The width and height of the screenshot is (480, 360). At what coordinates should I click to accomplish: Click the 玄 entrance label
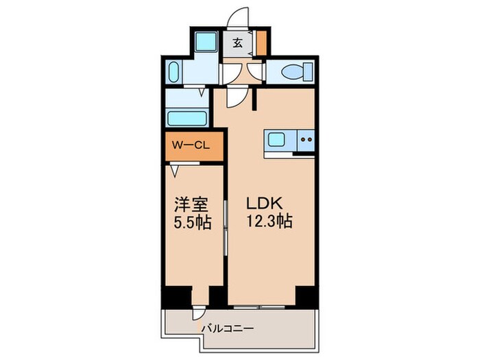click(x=237, y=43)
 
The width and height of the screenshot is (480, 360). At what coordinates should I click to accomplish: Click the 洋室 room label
click(x=190, y=204)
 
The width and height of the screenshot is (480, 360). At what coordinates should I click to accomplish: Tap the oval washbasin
click(x=173, y=72)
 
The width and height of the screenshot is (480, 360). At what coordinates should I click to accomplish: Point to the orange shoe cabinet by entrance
click(x=261, y=43)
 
